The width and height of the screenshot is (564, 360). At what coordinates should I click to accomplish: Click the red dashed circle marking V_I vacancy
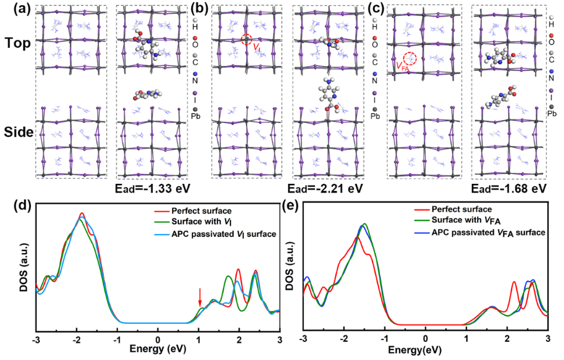click(247, 40)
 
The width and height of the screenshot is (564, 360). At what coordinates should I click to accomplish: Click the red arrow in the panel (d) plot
click(200, 296)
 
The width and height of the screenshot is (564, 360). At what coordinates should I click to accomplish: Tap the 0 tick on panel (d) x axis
click(157, 339)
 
